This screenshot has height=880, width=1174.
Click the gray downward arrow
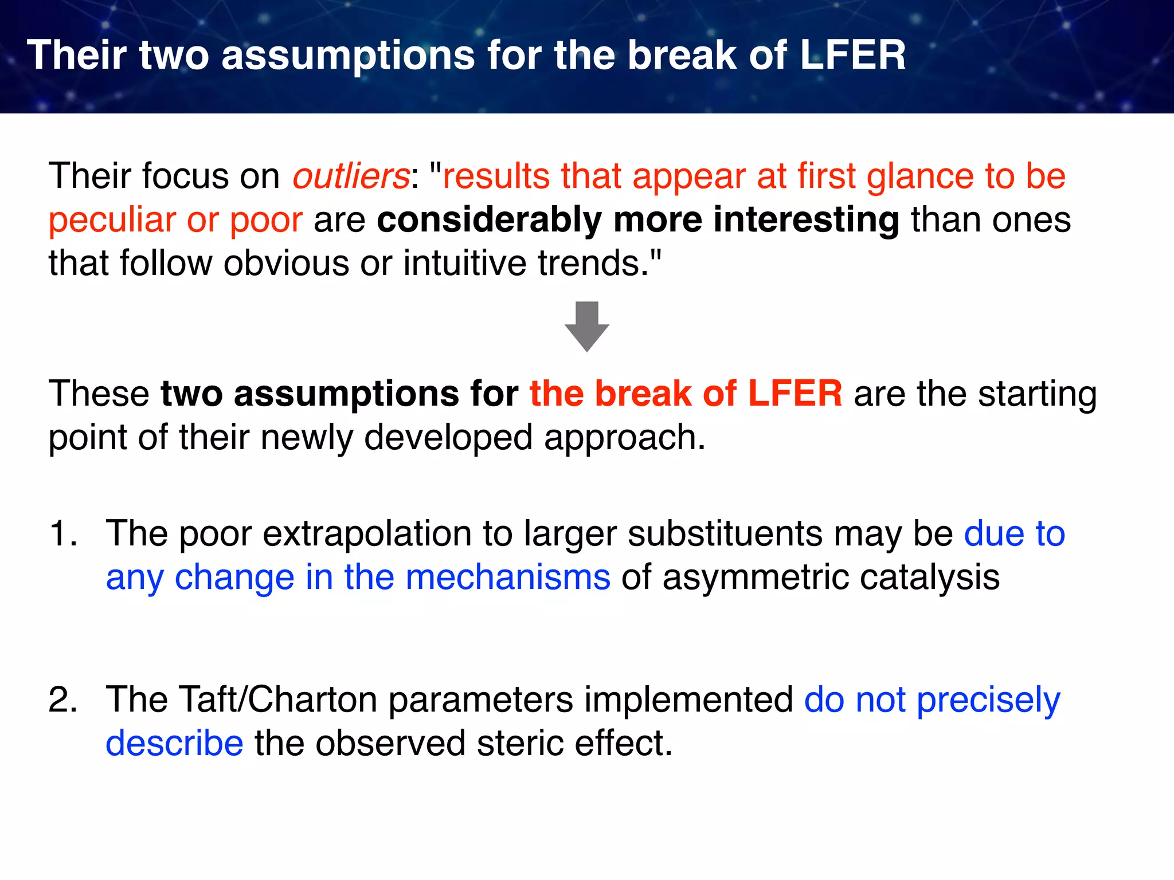tap(586, 326)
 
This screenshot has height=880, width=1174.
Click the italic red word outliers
tap(351, 176)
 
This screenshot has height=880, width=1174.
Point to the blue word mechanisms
tap(508, 577)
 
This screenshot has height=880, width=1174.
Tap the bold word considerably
tap(489, 219)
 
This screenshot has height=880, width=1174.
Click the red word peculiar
tap(112, 219)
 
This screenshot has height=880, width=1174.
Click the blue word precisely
tap(988, 700)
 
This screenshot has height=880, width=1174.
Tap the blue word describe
tap(174, 743)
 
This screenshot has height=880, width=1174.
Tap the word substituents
tap(725, 533)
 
